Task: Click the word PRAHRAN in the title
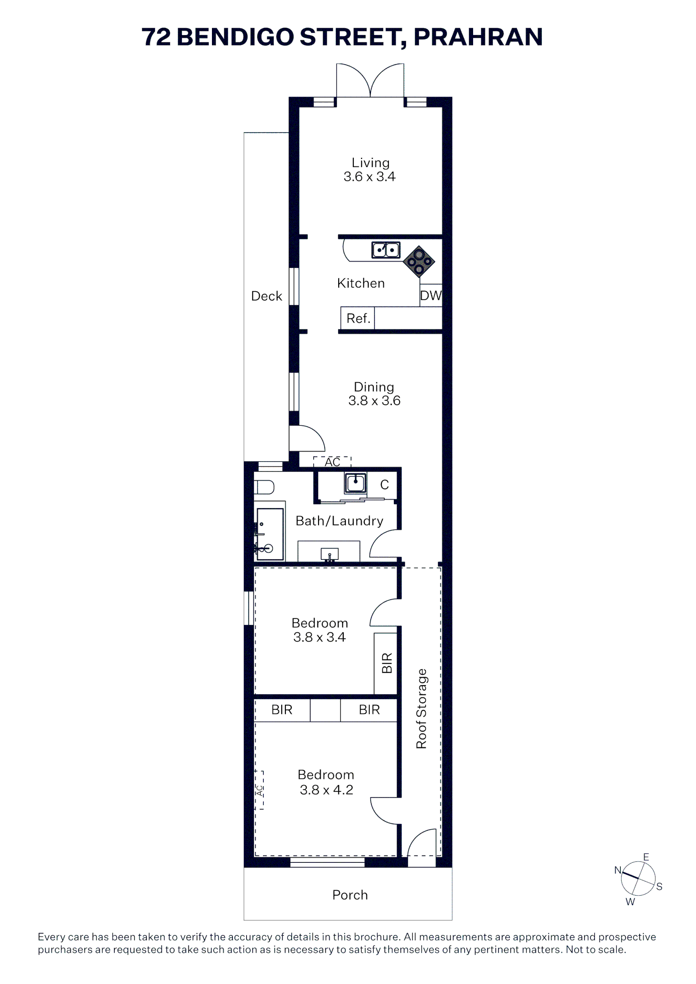point(478,37)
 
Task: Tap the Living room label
point(370,163)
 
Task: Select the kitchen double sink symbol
point(386,250)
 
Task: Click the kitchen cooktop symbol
point(419,261)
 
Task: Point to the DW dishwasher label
point(431,296)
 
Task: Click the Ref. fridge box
point(357,318)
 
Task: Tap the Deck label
point(267,296)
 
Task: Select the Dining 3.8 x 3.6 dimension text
point(374,401)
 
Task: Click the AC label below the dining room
point(332,462)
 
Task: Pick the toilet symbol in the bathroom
point(264,487)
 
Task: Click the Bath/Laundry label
point(339,521)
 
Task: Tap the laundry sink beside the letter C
point(356,483)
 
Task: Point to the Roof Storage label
point(422,708)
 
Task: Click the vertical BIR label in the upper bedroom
point(387,663)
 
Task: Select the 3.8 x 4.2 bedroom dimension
point(326,789)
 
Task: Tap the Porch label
point(350,895)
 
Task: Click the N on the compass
point(618,870)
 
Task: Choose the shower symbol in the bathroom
point(270,534)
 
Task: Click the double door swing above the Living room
point(370,80)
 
